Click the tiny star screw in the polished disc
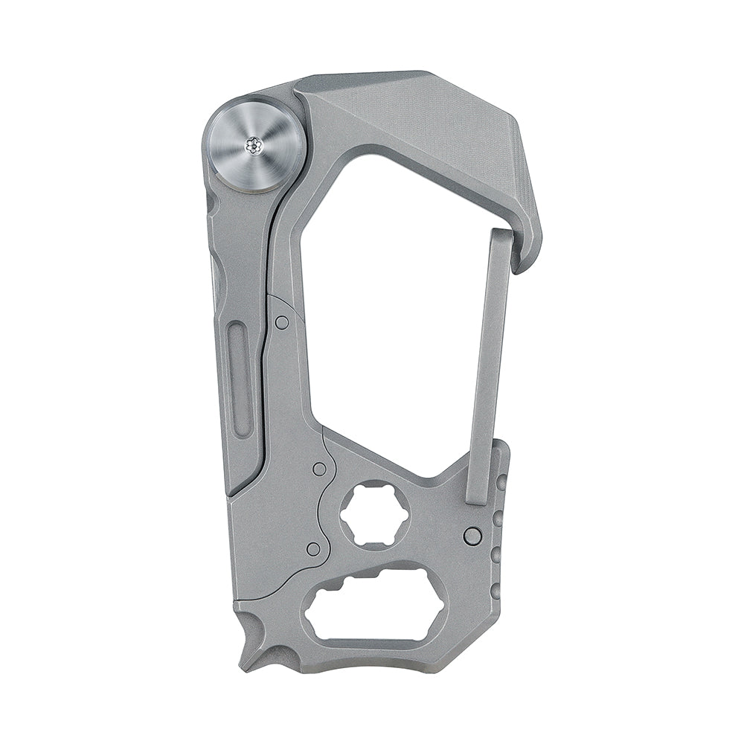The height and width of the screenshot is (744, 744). pyautogui.click(x=256, y=146)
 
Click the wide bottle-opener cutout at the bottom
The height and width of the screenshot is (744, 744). pyautogui.click(x=376, y=608)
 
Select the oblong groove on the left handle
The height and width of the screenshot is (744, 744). pyautogui.click(x=240, y=381)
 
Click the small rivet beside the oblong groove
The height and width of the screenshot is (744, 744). pyautogui.click(x=282, y=322)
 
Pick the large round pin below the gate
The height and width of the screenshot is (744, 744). pyautogui.click(x=472, y=536)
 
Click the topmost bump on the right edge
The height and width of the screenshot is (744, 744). pyautogui.click(x=502, y=482)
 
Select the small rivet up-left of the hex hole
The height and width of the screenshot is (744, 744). pyautogui.click(x=319, y=469)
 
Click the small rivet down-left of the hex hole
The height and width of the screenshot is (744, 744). pyautogui.click(x=313, y=549)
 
